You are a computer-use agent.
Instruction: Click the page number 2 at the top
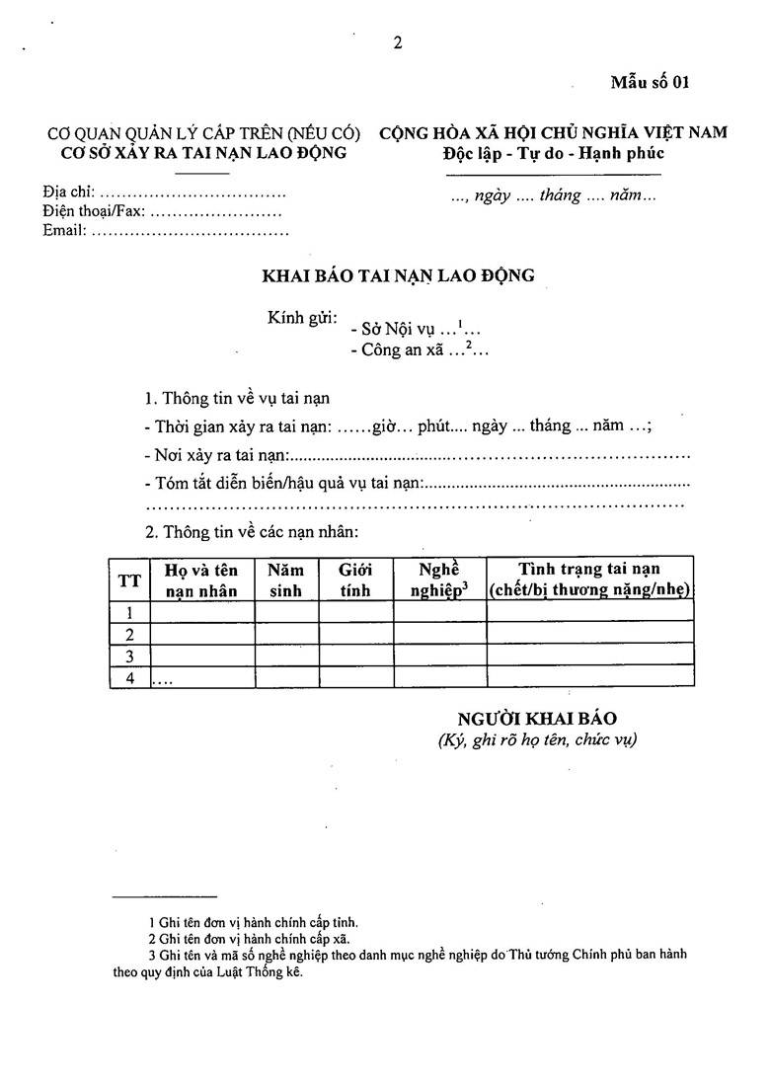[397, 42]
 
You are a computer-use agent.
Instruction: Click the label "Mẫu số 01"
[649, 82]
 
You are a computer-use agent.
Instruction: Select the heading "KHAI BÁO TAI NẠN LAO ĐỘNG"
[398, 275]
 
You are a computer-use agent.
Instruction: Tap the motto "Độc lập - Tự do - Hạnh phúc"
[553, 153]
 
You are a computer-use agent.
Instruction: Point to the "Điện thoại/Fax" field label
[95, 211]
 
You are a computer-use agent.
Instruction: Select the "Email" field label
[64, 231]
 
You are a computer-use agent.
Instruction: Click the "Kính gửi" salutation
[302, 320]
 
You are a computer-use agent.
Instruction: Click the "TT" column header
[129, 580]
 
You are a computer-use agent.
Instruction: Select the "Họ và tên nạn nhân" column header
[201, 580]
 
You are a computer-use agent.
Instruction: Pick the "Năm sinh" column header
[286, 580]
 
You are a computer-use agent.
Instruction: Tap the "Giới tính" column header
[354, 580]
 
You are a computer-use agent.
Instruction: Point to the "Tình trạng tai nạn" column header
[589, 580]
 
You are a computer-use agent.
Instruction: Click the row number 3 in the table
[129, 656]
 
